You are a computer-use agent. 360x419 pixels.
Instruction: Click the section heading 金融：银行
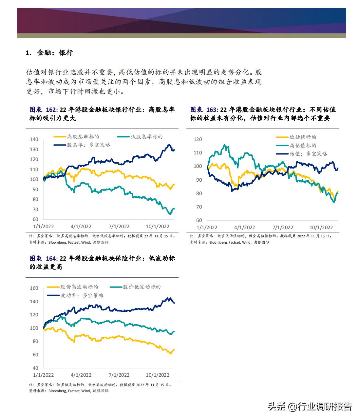(x=55, y=53)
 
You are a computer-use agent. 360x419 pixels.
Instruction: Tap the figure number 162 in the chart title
(x=52, y=110)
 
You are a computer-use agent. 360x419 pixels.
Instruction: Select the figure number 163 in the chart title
(x=212, y=110)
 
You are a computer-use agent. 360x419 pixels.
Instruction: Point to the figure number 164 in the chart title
(x=51, y=258)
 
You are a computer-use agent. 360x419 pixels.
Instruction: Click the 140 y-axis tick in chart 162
(x=34, y=139)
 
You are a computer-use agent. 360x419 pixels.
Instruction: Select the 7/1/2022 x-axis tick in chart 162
(x=119, y=227)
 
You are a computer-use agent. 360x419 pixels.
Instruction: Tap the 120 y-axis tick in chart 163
(x=198, y=139)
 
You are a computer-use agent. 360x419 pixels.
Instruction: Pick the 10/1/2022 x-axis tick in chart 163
(x=321, y=228)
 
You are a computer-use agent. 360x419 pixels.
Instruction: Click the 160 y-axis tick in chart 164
(x=34, y=288)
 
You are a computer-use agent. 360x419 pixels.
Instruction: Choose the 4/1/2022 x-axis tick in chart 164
(x=81, y=375)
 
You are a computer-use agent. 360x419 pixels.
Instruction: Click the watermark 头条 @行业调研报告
(x=310, y=407)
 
